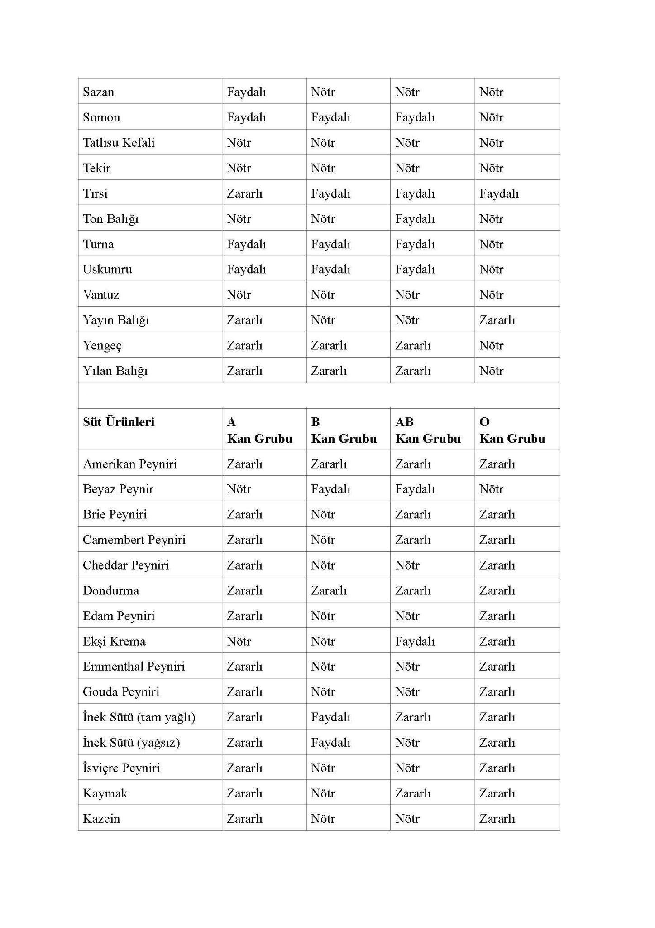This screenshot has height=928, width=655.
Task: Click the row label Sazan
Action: click(x=98, y=92)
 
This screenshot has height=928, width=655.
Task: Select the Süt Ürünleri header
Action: click(x=119, y=422)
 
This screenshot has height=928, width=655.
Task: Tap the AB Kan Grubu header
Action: click(x=428, y=430)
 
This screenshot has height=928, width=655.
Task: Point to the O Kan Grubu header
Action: click(x=512, y=430)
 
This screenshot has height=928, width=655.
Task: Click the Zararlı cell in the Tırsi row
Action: click(x=244, y=193)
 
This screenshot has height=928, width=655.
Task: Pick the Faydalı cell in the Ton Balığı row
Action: click(x=415, y=219)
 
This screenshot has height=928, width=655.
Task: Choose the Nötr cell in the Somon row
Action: click(x=491, y=117)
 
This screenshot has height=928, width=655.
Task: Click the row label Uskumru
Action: click(x=107, y=269)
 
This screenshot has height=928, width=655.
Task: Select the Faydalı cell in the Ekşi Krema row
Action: click(x=415, y=641)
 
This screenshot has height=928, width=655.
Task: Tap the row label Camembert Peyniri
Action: click(x=134, y=540)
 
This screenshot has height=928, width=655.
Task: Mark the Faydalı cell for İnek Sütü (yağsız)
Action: click(x=330, y=742)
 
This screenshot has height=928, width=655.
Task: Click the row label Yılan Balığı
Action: click(x=115, y=371)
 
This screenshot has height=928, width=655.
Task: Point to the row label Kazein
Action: click(x=101, y=818)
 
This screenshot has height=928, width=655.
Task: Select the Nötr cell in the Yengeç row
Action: click(x=491, y=345)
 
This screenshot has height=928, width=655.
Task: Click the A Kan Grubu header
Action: click(x=259, y=430)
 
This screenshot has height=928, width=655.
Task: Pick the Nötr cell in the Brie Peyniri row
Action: click(x=323, y=514)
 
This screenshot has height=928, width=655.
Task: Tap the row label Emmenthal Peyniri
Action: click(x=134, y=666)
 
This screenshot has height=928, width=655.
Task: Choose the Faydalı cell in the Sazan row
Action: click(x=246, y=92)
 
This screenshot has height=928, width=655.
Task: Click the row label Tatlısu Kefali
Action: click(x=119, y=143)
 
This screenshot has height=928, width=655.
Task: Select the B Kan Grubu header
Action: click(x=344, y=430)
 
